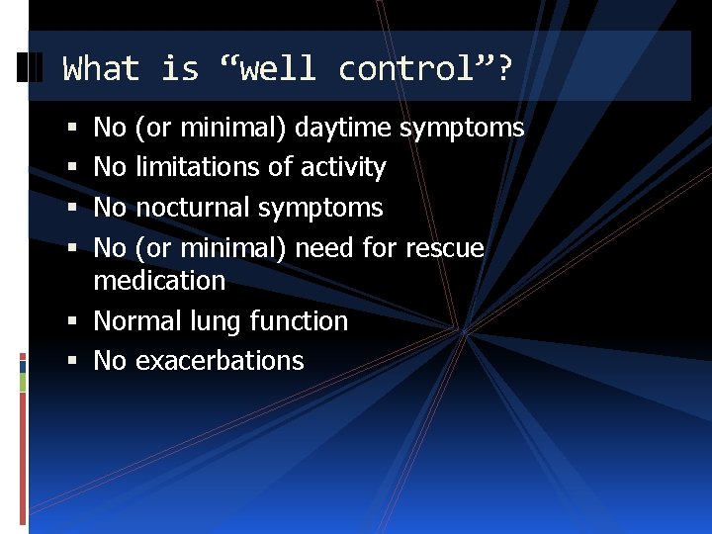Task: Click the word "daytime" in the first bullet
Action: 343,128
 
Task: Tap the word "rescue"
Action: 445,248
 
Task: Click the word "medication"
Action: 159,281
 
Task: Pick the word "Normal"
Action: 137,321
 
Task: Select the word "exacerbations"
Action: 220,361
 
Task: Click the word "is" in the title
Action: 180,69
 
